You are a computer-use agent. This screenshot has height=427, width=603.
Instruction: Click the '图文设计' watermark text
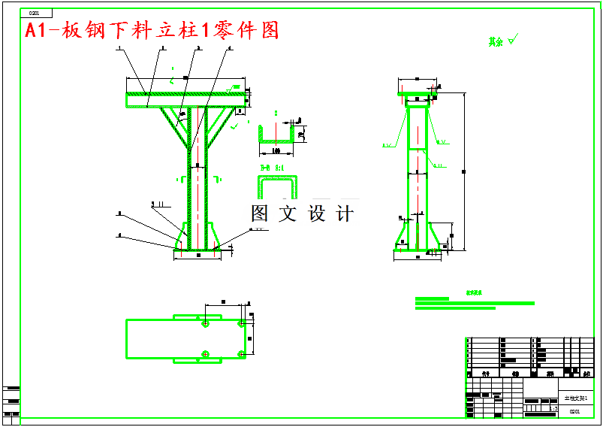(303, 214)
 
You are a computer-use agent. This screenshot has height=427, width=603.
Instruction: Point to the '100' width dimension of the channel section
(276, 150)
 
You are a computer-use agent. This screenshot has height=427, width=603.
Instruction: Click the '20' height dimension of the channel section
(301, 135)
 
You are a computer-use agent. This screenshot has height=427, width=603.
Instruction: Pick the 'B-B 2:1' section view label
(272, 168)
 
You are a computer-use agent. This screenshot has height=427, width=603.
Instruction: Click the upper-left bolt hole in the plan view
(205, 323)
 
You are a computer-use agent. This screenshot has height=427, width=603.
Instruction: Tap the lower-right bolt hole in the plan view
(241, 353)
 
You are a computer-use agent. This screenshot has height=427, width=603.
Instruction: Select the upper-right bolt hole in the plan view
(241, 323)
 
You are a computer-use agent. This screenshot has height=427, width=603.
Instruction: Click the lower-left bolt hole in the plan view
(205, 353)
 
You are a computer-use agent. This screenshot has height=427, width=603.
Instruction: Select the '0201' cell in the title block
(574, 411)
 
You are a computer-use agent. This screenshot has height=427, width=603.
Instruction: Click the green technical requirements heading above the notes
(474, 294)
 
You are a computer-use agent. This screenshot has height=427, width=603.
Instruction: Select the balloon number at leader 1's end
(119, 47)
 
